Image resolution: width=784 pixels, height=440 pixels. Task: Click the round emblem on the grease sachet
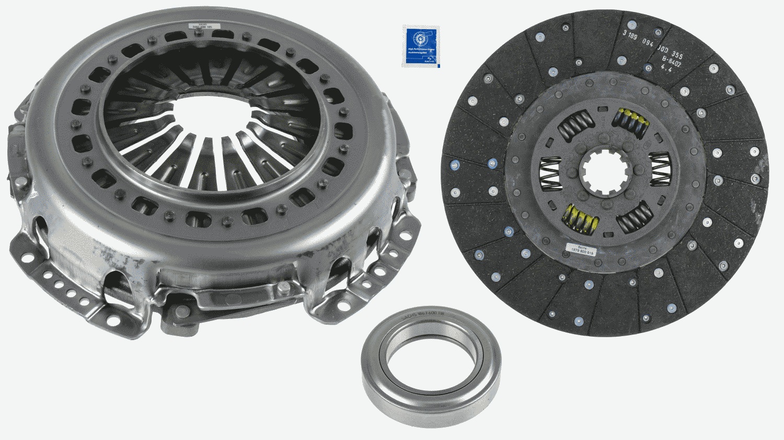tap(419, 38)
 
